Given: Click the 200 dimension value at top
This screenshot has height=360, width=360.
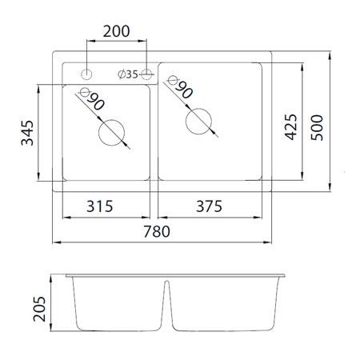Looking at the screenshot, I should [x=116, y=32].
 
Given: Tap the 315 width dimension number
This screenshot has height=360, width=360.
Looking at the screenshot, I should [x=106, y=206].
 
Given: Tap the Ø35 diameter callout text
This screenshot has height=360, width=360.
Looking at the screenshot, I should [x=128, y=74].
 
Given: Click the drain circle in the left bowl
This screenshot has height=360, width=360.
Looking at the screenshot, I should [x=111, y=133].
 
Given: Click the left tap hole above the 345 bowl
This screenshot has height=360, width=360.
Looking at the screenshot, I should [x=86, y=74].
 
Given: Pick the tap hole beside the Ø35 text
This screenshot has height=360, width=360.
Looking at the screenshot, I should [x=146, y=74].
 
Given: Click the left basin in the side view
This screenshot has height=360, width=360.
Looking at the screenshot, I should [x=118, y=305].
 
